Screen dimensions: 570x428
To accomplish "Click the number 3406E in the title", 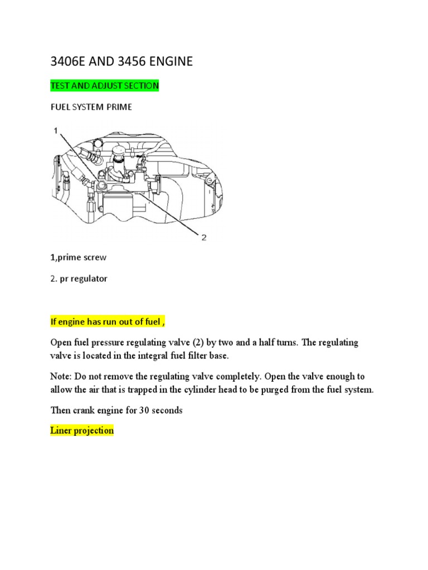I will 70,62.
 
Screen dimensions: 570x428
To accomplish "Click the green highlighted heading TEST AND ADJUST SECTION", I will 104,86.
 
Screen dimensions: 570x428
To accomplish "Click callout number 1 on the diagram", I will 55,130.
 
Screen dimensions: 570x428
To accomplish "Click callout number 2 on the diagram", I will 203,238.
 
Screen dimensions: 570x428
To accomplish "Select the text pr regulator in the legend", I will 83,278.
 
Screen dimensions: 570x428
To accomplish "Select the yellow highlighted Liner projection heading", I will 81,430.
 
